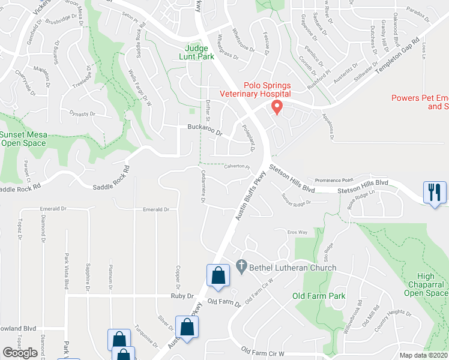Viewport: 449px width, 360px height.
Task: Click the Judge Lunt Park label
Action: point(196,52)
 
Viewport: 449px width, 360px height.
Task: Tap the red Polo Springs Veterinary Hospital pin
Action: point(277,107)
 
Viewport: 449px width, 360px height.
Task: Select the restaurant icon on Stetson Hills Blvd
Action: point(433,193)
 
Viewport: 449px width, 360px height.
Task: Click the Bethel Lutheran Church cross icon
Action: point(241,265)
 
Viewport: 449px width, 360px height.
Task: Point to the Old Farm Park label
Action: point(319,296)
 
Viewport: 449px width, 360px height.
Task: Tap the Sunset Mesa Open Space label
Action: point(23,139)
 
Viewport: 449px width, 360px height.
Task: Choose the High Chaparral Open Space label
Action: point(426,284)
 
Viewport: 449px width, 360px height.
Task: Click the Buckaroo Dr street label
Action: point(205,128)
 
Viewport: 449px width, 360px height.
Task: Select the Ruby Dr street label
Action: point(182,296)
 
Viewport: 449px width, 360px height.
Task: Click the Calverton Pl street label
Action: point(237,166)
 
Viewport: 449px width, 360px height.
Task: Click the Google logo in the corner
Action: point(20,353)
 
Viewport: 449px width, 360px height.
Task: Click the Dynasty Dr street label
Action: point(82,113)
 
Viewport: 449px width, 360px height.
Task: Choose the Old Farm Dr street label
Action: point(224,302)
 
